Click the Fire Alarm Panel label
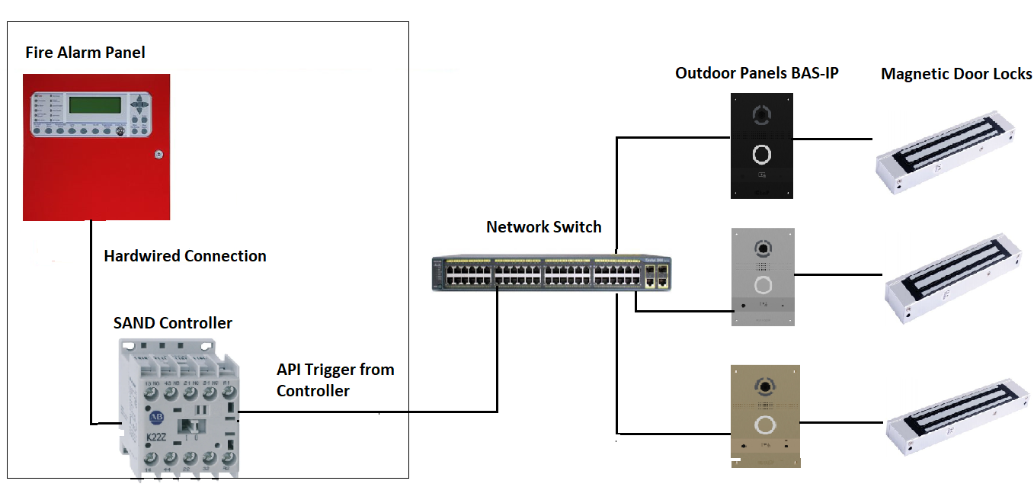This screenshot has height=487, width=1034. (x=85, y=53)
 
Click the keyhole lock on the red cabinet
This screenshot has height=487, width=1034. (x=158, y=154)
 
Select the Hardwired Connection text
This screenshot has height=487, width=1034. (x=185, y=256)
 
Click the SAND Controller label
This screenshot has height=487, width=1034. (x=172, y=323)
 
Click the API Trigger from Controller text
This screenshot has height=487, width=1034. (x=335, y=380)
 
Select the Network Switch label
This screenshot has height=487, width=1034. (x=543, y=227)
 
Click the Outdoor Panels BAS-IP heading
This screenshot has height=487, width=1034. (x=757, y=73)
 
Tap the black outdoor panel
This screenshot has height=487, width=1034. (x=762, y=146)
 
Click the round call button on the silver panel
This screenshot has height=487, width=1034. (x=762, y=286)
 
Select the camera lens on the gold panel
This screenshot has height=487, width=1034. (x=762, y=386)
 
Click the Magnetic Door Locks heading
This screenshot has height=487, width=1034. (x=956, y=74)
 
